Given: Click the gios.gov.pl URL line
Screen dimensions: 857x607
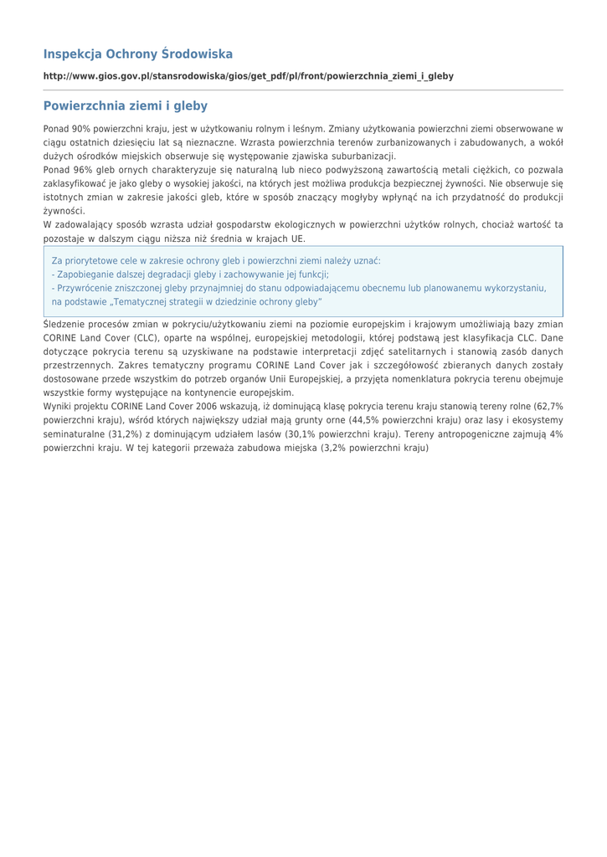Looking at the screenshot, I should (x=249, y=76).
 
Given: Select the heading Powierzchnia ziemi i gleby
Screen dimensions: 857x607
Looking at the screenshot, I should (x=126, y=106).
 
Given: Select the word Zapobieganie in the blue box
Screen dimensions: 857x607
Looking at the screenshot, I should (x=84, y=275).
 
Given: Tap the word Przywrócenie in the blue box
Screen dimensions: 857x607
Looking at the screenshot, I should (x=84, y=288).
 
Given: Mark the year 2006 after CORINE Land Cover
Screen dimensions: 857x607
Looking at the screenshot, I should (x=207, y=406).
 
